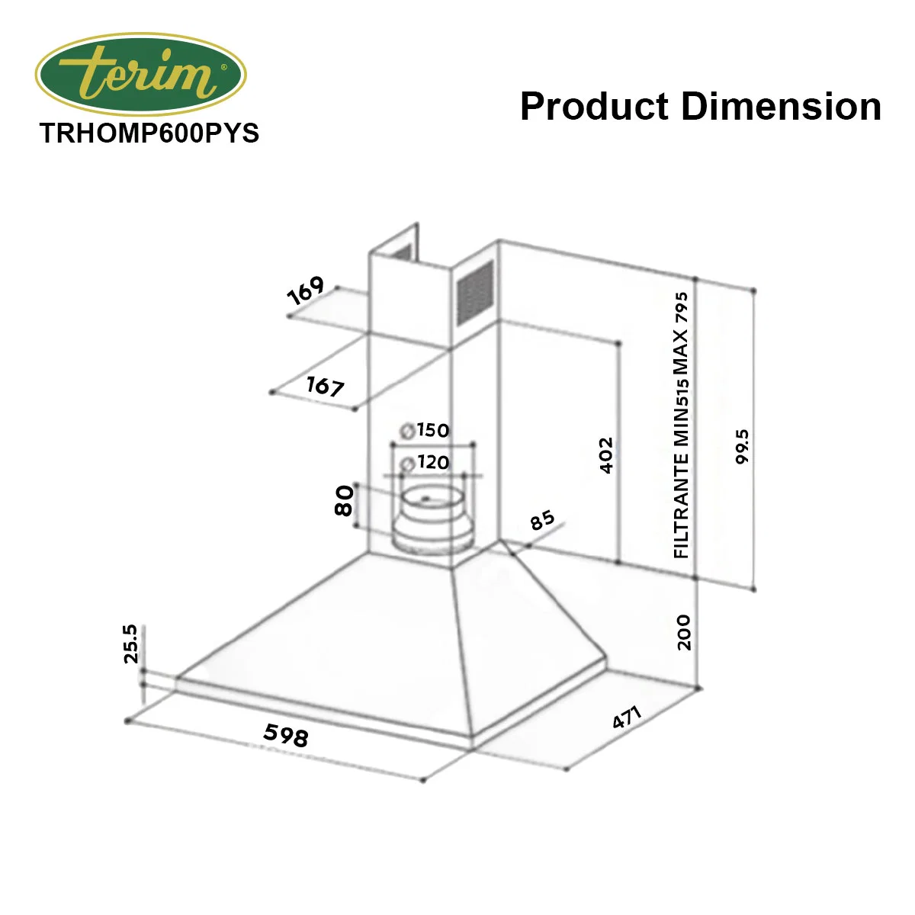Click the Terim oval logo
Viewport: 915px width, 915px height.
coord(140,75)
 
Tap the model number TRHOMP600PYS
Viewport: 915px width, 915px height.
coord(149,133)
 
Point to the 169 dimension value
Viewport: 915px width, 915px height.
coord(306,290)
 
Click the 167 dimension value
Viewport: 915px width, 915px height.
coord(325,386)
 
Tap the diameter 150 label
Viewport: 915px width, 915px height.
coord(425,430)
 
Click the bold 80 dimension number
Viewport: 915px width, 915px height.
coord(344,500)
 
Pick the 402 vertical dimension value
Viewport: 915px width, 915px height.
coord(606,455)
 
